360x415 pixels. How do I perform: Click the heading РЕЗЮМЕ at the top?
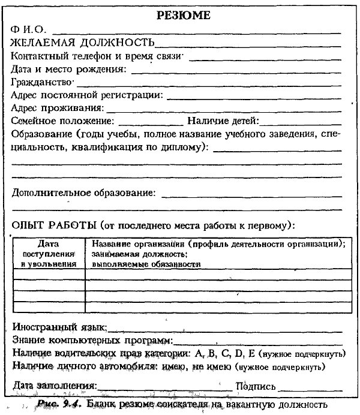[183, 16]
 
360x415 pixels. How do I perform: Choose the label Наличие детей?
[223, 121]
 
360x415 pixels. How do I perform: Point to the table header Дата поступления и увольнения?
[49, 254]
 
